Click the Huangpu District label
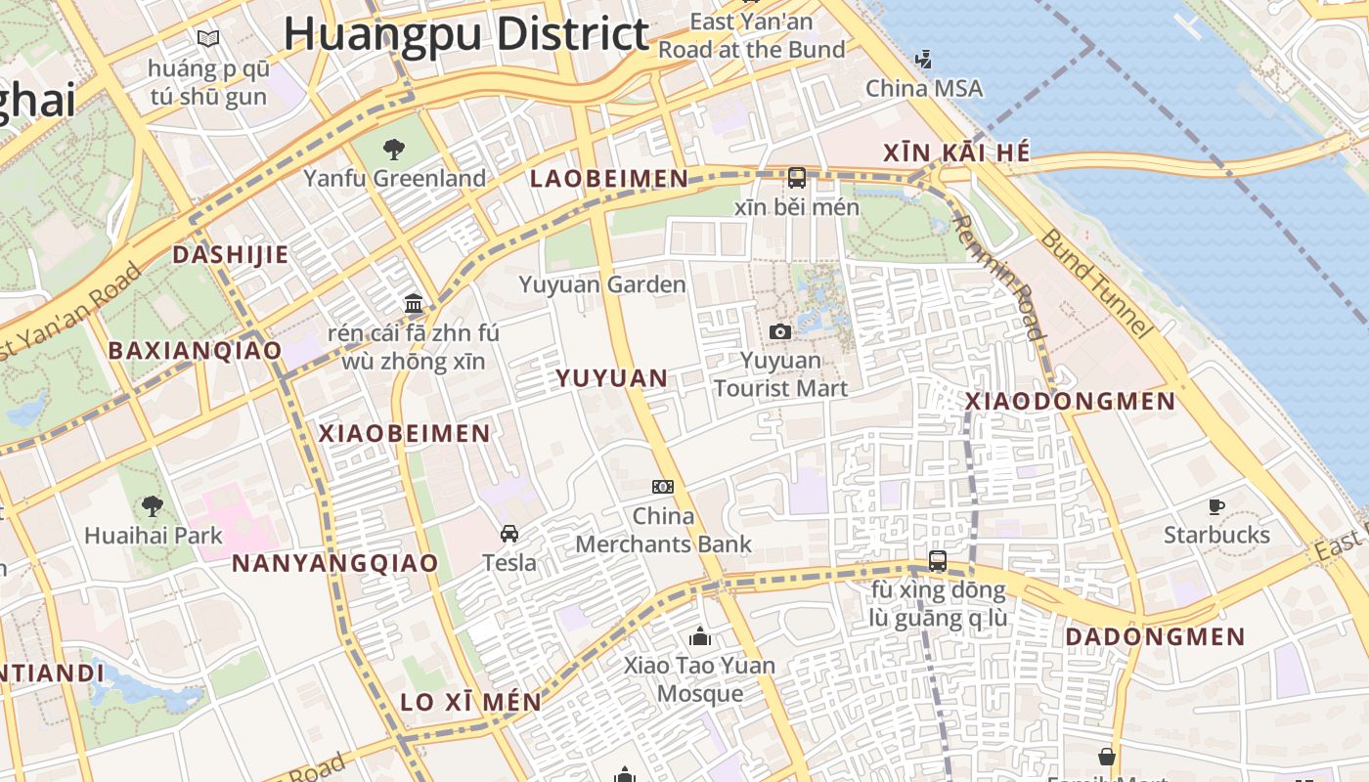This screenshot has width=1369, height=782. pyautogui.click(x=466, y=34)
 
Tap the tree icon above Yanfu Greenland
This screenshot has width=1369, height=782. pyautogui.click(x=394, y=150)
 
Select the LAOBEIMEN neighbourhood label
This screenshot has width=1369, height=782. pyautogui.click(x=609, y=178)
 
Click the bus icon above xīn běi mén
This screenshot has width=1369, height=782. pyautogui.click(x=797, y=178)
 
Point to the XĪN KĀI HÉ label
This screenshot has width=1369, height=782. pyautogui.click(x=956, y=153)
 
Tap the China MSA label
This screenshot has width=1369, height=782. pyautogui.click(x=924, y=88)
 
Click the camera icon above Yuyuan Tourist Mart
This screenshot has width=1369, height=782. pyautogui.click(x=779, y=332)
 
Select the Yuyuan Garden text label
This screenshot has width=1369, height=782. pyautogui.click(x=602, y=284)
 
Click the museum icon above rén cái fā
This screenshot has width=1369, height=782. pyautogui.click(x=414, y=303)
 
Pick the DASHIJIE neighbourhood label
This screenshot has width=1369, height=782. pyautogui.click(x=231, y=255)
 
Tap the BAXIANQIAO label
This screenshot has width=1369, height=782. pyautogui.click(x=195, y=350)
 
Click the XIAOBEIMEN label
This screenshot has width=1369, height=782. pyautogui.click(x=405, y=433)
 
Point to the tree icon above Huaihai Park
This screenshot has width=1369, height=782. pyautogui.click(x=152, y=505)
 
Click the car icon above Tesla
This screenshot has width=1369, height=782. pyautogui.click(x=509, y=534)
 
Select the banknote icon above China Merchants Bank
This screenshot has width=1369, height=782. pyautogui.click(x=663, y=487)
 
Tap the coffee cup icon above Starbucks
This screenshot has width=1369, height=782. pyautogui.click(x=1216, y=506)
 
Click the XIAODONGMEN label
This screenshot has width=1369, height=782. pyautogui.click(x=1071, y=401)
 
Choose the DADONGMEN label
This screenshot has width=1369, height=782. pyautogui.click(x=1155, y=637)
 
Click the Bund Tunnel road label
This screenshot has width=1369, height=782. pyautogui.click(x=1097, y=282)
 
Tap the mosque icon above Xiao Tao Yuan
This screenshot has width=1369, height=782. pyautogui.click(x=700, y=637)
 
